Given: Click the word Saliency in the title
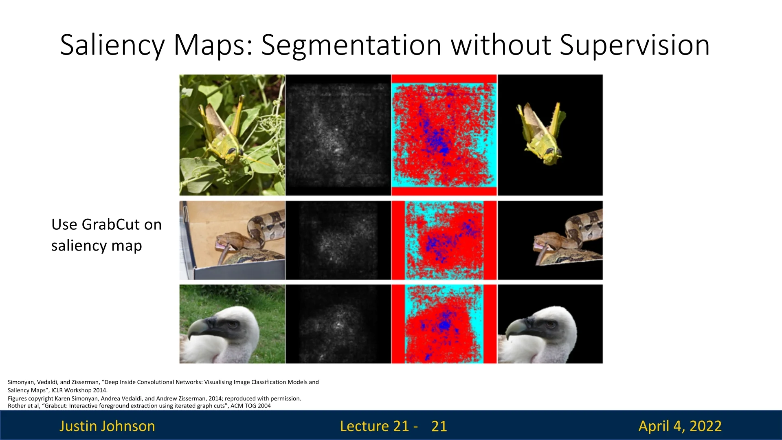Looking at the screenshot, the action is point(112,45).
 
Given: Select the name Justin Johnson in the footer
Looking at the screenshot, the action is point(107,426).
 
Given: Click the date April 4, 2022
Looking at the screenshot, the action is point(680,426).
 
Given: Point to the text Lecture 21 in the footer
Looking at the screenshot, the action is point(374,426).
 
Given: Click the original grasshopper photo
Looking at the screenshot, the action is point(232,135).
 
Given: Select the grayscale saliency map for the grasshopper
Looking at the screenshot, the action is point(338,135).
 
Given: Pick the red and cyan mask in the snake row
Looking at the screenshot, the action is point(444,240).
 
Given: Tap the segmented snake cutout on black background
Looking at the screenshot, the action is point(569,239).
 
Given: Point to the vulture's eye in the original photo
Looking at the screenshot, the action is point(233,324).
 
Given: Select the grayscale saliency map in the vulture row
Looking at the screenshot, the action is point(338,324).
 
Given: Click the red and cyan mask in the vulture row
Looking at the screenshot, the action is point(444,324).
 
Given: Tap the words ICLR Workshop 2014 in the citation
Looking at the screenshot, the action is point(79,390).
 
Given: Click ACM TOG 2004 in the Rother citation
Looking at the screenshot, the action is point(250,406).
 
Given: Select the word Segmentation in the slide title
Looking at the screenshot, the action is point(351,46).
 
